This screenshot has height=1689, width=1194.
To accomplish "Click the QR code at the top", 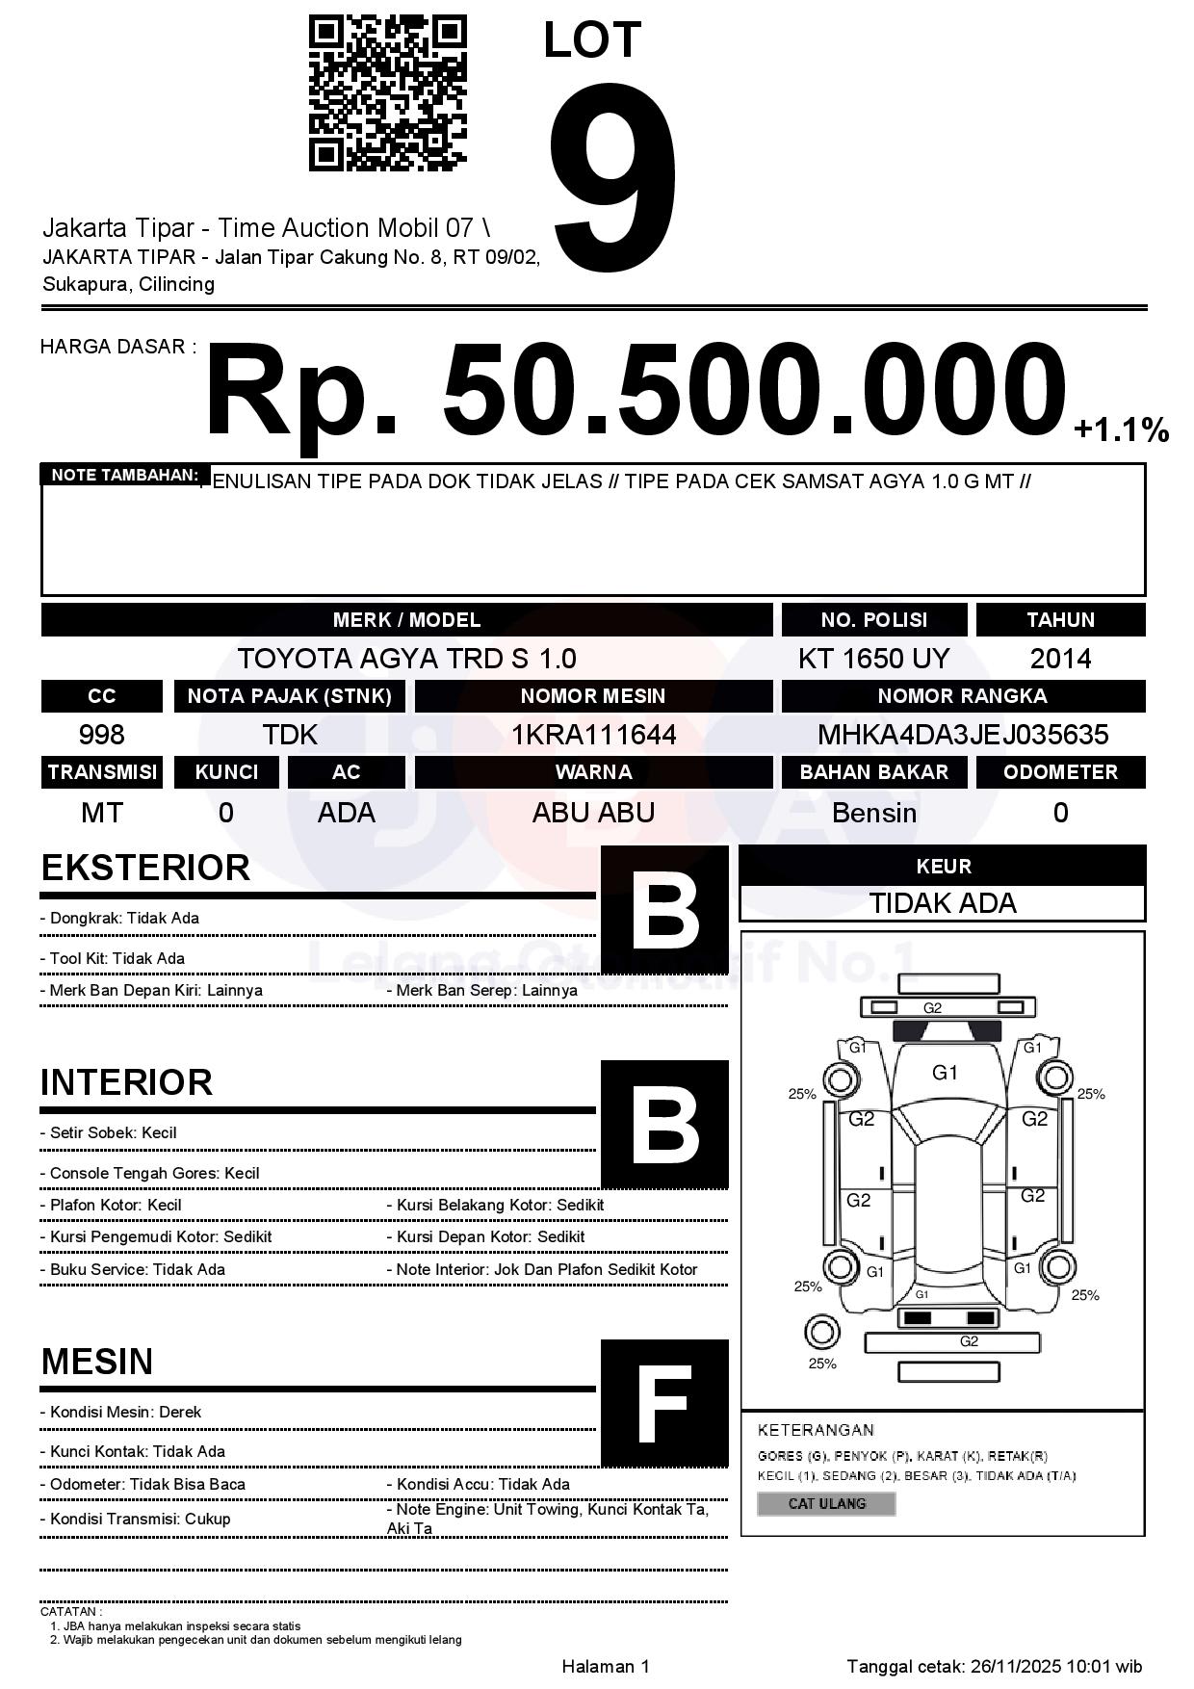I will click(387, 92).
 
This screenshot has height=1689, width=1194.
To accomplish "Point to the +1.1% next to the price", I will click(1121, 429).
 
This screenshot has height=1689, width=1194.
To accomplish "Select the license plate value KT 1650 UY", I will click(873, 659).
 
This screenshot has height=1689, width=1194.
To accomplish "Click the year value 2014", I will click(1060, 659).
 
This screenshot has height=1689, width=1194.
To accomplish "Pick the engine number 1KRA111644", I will click(593, 735).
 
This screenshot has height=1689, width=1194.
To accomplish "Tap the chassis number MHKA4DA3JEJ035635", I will click(963, 735).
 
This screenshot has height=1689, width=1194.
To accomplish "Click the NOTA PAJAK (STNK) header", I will click(290, 695).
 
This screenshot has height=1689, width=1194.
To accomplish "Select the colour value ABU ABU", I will click(593, 813).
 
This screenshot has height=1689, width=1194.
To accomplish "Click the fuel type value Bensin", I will click(873, 813).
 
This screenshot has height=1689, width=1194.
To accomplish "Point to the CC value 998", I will click(101, 735).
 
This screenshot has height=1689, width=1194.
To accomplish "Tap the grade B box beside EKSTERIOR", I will click(664, 910).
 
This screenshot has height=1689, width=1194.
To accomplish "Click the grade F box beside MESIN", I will click(664, 1403).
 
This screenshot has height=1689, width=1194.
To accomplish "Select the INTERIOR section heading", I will click(126, 1082).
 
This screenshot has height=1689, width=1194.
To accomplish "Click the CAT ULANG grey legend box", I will click(826, 1503).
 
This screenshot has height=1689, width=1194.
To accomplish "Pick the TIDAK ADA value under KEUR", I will click(943, 903).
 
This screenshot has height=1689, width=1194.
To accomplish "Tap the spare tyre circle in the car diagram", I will click(822, 1333).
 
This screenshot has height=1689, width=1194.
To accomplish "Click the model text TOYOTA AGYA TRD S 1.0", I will click(406, 659).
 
